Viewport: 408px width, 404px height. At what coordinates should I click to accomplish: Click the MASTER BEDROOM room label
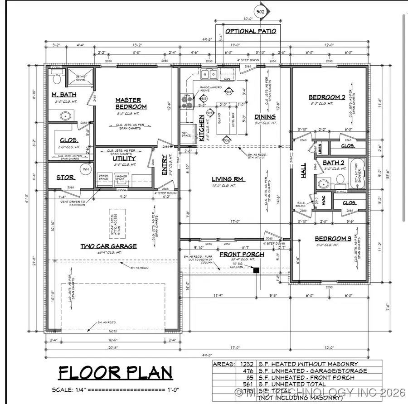[131, 103]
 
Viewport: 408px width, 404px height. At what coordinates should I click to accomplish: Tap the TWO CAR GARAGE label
[109, 246]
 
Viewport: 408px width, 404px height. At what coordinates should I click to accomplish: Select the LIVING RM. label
[228, 179]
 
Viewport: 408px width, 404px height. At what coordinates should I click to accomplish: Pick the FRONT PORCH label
[242, 254]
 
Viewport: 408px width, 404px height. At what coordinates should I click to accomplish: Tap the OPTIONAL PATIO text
[248, 31]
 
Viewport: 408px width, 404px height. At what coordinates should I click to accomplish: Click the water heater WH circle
[86, 170]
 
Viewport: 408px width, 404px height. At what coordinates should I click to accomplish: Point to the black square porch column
[257, 270]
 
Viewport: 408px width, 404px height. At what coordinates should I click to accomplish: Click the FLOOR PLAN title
[116, 373]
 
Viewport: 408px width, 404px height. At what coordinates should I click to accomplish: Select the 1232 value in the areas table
[245, 364]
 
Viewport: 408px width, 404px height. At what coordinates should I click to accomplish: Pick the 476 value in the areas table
[247, 371]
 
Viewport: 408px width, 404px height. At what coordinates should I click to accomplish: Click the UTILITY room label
[124, 159]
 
